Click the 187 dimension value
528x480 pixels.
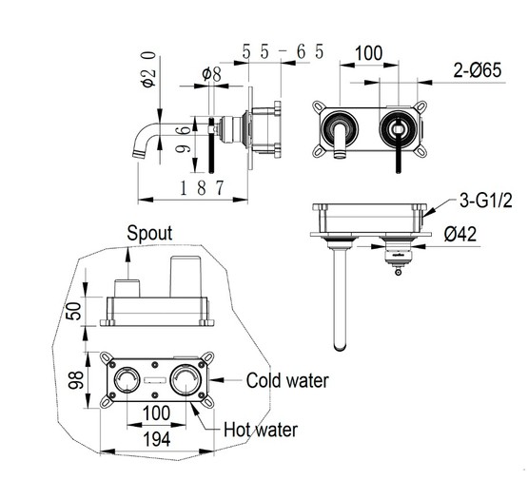[x=202, y=187]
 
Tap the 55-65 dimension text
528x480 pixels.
[x=283, y=51]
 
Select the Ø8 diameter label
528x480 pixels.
[x=211, y=74]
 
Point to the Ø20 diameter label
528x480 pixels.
[x=148, y=69]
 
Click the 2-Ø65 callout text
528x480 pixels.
[x=478, y=70]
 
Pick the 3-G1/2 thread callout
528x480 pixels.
[x=485, y=201]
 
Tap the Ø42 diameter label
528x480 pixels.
[x=460, y=234]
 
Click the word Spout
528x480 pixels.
[x=149, y=233]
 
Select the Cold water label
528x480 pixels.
[x=287, y=381]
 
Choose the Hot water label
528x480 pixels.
[x=261, y=430]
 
